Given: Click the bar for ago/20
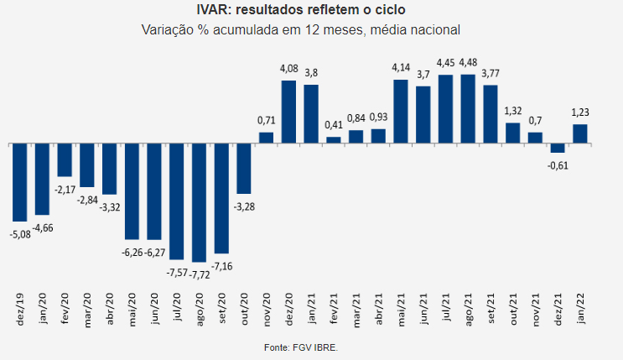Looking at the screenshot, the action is point(199,202).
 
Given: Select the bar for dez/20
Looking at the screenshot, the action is point(288,112).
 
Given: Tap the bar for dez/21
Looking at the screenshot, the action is point(558,148).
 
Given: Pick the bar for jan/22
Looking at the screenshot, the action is point(580,133).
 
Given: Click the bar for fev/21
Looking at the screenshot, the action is point(334,140).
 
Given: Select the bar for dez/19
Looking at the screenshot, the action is point(20,182).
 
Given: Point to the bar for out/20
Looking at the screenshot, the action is point(244,169).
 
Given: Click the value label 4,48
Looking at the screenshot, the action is point(468,62).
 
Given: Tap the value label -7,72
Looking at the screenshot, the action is point(199,274).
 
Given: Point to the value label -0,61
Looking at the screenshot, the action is point(558,165).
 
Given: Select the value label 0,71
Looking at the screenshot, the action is point(266,120).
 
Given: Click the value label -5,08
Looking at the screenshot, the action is point(20,234).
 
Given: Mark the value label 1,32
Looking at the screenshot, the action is point(513,111).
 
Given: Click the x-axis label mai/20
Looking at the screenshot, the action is point(132,310).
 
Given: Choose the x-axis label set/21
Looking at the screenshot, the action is point(491,309).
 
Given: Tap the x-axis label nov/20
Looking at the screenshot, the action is point(267,310).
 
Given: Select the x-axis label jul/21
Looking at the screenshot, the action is point(446,307).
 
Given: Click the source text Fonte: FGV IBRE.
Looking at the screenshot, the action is point(301,347).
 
